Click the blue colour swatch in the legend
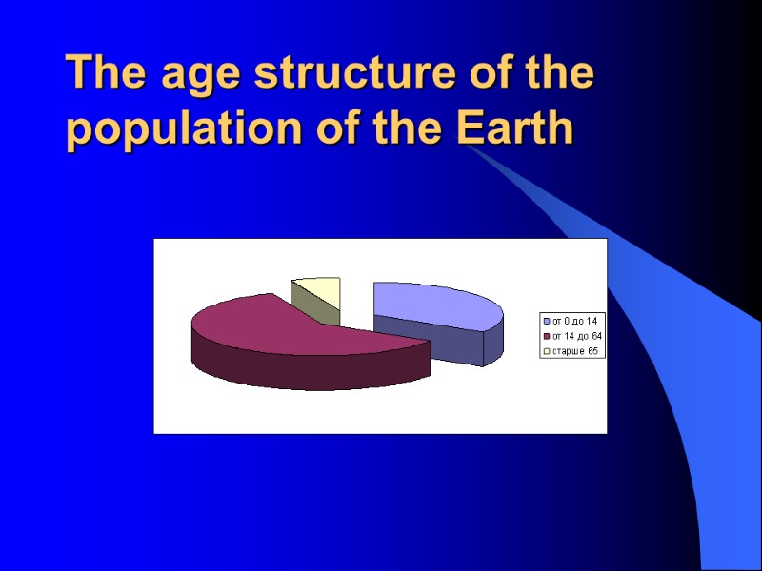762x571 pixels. click(546, 320)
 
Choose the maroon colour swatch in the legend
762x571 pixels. click(546, 336)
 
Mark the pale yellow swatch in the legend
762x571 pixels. click(546, 351)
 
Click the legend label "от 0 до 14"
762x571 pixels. click(574, 320)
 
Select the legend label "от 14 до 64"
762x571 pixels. click(576, 336)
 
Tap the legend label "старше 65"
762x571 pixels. click(574, 351)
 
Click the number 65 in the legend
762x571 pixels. click(592, 351)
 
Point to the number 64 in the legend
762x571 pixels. click(596, 336)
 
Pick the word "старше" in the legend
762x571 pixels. click(568, 351)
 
